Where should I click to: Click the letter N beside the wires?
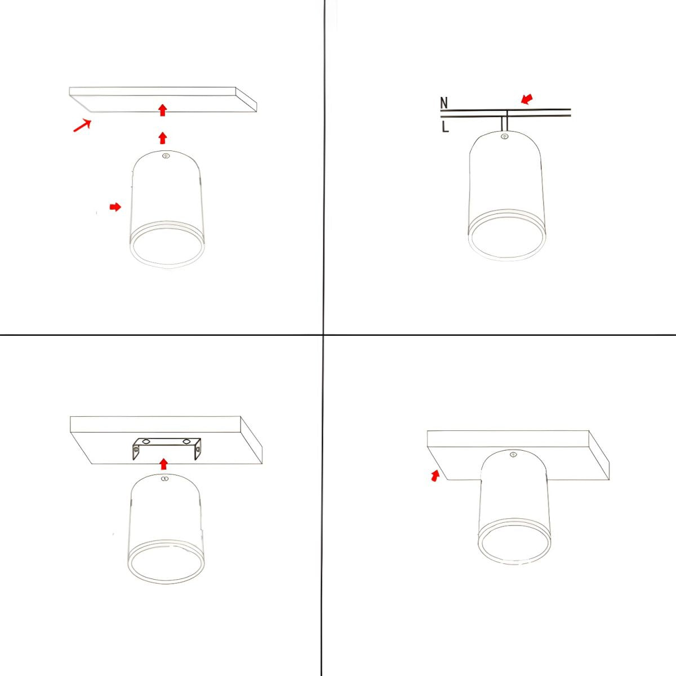pos(444,103)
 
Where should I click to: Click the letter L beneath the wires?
pos(445,127)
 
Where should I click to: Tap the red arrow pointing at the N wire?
pos(527,99)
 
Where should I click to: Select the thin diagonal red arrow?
pos(82,126)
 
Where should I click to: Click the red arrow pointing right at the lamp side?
pos(115,207)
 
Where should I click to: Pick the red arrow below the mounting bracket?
pos(163,464)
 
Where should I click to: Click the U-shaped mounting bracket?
pos(166,448)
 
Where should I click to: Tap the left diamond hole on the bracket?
pos(146,441)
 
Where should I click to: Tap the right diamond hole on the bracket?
pos(186,441)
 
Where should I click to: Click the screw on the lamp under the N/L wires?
pos(505,136)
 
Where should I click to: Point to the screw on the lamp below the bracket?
pos(164,478)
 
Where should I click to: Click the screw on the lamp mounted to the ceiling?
pos(514,455)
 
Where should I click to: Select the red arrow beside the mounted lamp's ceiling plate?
pos(435,475)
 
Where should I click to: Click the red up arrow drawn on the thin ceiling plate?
pos(162,110)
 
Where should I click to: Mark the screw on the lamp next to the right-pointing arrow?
pos(166,155)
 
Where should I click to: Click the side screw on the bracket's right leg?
pos(198,448)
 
